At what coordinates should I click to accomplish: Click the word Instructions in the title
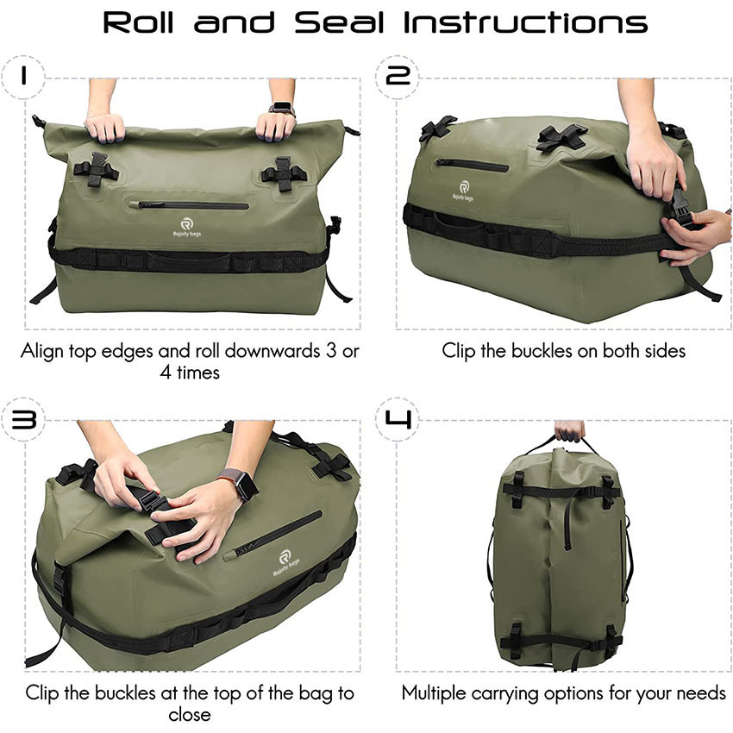click(x=525, y=22)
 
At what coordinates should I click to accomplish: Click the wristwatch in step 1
click(x=281, y=109)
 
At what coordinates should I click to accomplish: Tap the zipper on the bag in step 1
click(x=193, y=205)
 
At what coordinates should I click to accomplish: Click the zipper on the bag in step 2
click(x=471, y=164)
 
